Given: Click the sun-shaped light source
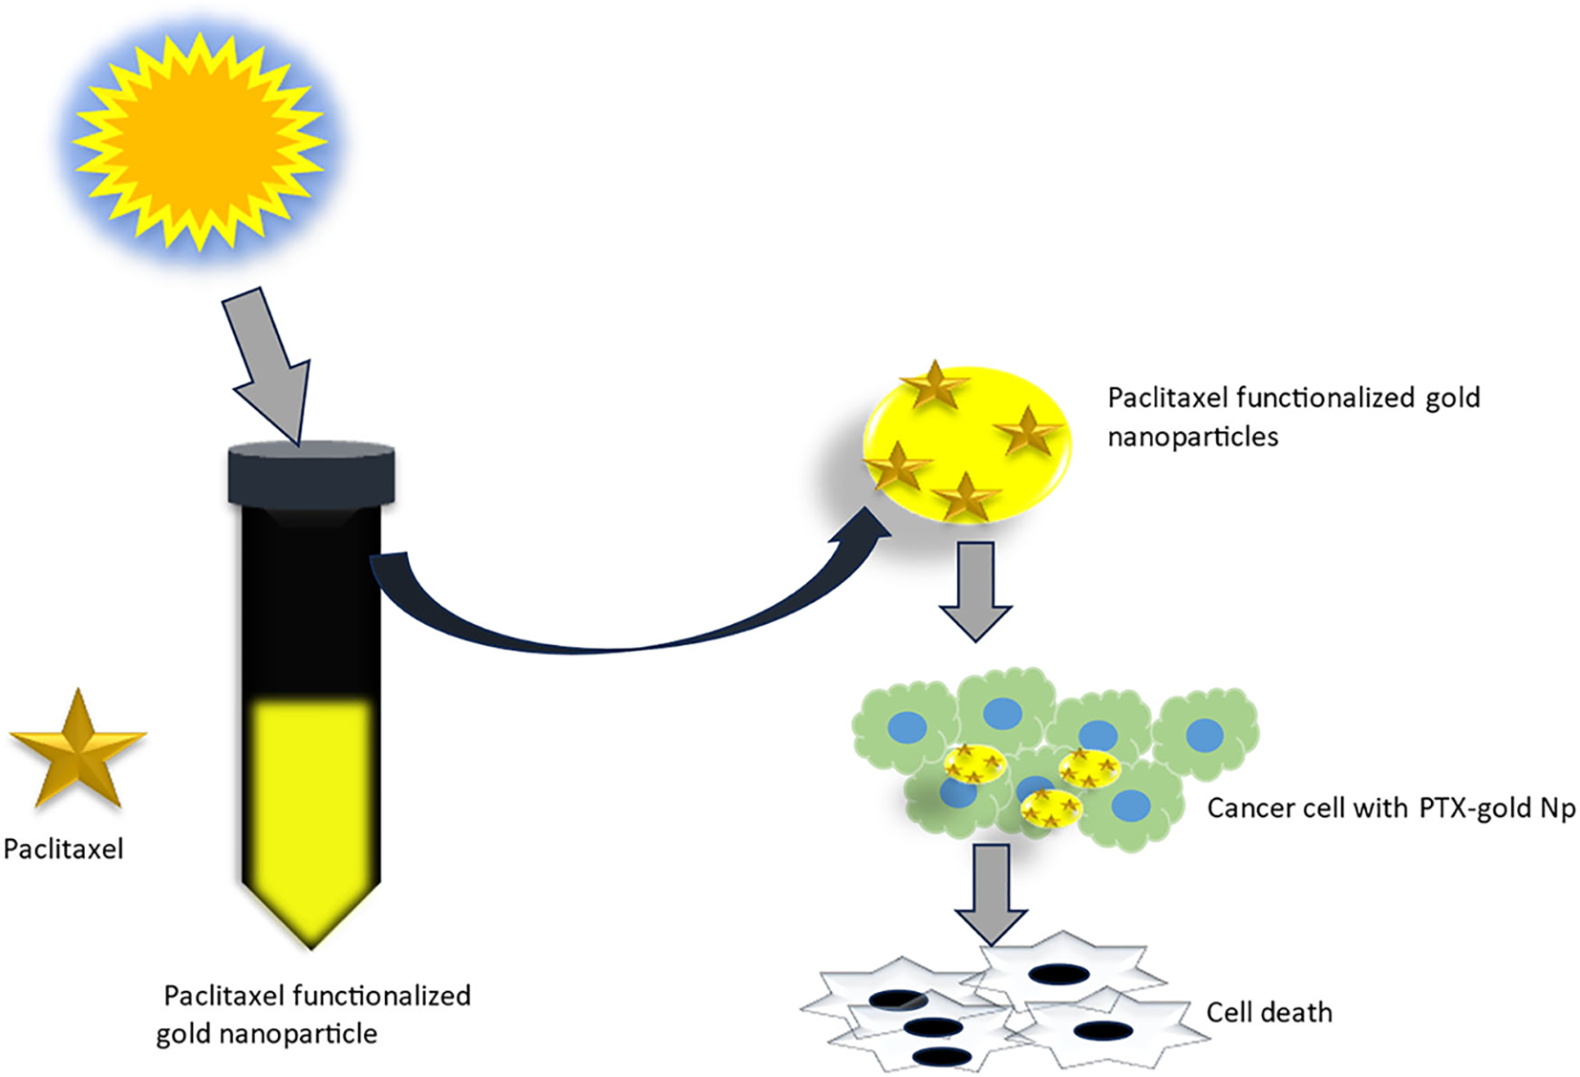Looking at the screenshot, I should (199, 141).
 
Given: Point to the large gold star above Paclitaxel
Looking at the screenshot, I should (77, 750).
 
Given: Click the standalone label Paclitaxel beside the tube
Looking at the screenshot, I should (63, 849).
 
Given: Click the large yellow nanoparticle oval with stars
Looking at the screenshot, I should (967, 445).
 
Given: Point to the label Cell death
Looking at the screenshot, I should (1269, 1012).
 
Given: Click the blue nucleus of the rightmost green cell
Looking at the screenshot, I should (1205, 735).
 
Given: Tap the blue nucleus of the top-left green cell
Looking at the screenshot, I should (907, 727).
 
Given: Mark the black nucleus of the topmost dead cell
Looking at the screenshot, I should (1058, 975).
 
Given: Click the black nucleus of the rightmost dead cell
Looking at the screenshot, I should (1102, 1031).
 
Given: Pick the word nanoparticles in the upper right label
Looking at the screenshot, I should (1192, 437).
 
